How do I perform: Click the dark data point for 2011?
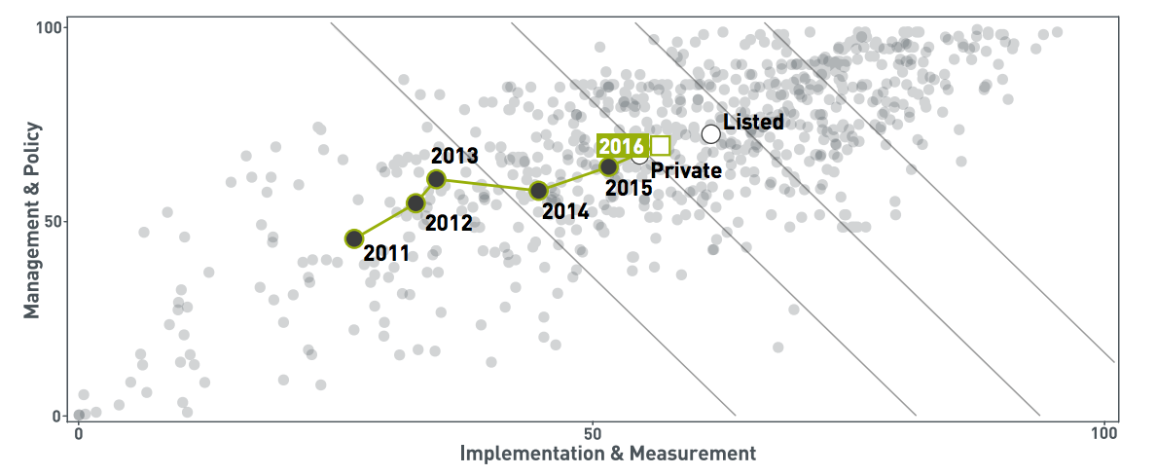tap(354, 238)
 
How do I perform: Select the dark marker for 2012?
tap(415, 202)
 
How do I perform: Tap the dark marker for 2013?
tap(436, 179)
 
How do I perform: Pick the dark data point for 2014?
tap(538, 191)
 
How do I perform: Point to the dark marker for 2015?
tap(608, 167)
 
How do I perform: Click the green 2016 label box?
tap(622, 146)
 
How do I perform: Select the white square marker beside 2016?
tap(660, 146)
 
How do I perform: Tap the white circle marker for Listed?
tap(710, 133)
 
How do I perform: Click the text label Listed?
tap(753, 122)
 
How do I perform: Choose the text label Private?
tap(686, 171)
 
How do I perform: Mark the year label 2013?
tap(453, 156)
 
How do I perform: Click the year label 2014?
tap(565, 209)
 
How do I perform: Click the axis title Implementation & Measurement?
tap(607, 454)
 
